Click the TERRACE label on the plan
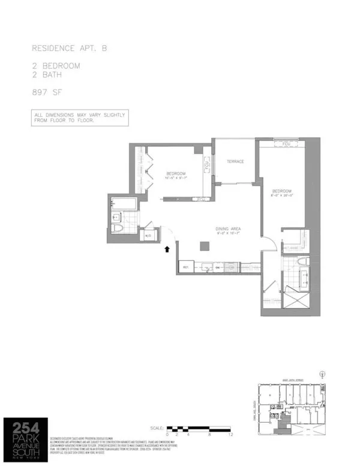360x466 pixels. click(235, 161)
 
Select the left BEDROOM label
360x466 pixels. click(178, 171)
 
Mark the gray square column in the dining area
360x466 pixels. click(205, 245)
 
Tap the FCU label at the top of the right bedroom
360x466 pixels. click(284, 144)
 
